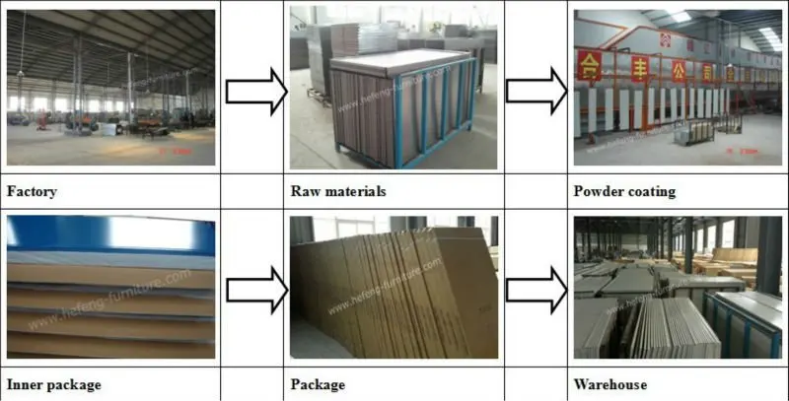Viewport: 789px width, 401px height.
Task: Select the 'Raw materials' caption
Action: (x=338, y=191)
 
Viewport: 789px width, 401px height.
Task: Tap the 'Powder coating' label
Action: (x=624, y=191)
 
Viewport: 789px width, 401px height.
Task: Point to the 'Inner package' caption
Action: (x=54, y=383)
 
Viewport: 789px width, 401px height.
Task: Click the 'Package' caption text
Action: (x=318, y=383)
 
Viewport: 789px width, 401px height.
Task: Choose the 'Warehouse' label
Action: (x=610, y=383)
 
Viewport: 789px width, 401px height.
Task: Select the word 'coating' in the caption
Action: (x=652, y=191)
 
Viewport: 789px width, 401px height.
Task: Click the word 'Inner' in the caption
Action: (x=26, y=383)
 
